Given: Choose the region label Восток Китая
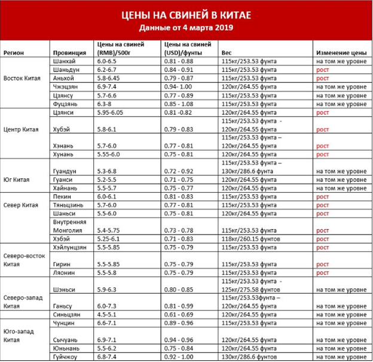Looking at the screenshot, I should point(22,78).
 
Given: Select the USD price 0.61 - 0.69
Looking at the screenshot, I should point(178,314).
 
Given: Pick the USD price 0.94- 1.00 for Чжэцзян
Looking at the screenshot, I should point(178,87).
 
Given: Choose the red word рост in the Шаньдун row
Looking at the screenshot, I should point(322,70).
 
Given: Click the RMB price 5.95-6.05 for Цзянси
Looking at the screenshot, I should point(112,112).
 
